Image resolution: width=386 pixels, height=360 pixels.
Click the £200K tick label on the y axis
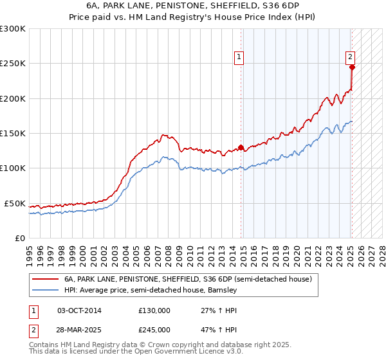pyautogui.click(x=12, y=98)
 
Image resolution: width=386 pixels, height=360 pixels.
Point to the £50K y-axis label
pyautogui.click(x=14, y=203)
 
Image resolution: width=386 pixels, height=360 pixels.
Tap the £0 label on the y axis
pyautogui.click(x=19, y=238)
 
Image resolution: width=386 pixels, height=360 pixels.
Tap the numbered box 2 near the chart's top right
pyautogui.click(x=350, y=57)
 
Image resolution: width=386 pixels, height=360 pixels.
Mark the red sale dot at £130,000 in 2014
pyautogui.click(x=241, y=147)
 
